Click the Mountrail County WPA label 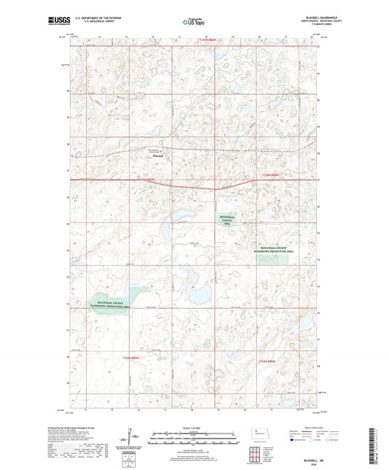click(x=231, y=220)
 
